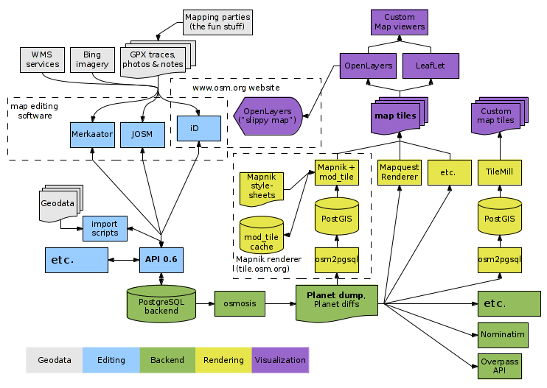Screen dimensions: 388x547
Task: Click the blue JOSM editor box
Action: pyautogui.click(x=142, y=135)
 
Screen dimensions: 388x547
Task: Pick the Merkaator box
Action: pyautogui.click(x=92, y=135)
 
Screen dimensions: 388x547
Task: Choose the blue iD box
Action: pyautogui.click(x=195, y=128)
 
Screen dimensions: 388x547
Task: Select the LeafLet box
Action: pyautogui.click(x=431, y=66)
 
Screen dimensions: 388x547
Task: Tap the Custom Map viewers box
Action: pyautogui.click(x=399, y=22)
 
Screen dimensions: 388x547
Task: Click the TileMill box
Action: pyautogui.click(x=499, y=172)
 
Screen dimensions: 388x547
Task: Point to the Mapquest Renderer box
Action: pyautogui.click(x=399, y=172)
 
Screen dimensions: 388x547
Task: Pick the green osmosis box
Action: pyautogui.click(x=240, y=303)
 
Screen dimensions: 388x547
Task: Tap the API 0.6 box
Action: pyautogui.click(x=161, y=260)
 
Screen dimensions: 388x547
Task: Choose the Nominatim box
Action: pyautogui.click(x=502, y=334)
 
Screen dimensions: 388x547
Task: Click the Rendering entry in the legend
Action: pyautogui.click(x=223, y=360)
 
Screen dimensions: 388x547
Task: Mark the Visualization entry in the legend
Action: pyautogui.click(x=279, y=360)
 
